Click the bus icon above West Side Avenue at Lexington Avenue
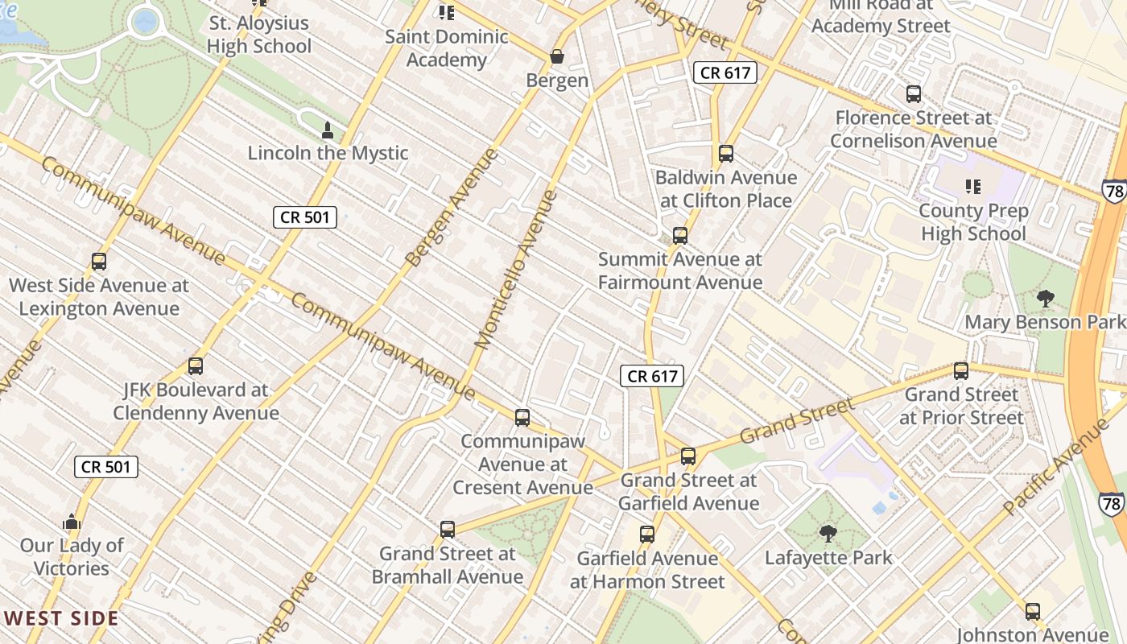(99, 262)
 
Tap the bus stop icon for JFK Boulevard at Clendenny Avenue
(195, 366)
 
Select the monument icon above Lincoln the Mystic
(327, 130)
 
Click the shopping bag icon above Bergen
(556, 57)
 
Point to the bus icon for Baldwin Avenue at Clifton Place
(726, 154)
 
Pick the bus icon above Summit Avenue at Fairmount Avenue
(680, 236)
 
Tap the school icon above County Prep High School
(972, 188)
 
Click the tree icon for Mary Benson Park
(1045, 299)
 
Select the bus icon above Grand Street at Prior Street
(960, 371)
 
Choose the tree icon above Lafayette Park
(828, 534)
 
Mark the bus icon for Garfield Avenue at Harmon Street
(647, 535)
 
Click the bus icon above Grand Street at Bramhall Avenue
(448, 530)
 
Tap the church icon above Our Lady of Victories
(72, 522)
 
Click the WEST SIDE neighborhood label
(61, 619)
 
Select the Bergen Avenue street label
(452, 208)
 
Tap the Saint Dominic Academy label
(446, 47)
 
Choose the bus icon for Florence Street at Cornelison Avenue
(914, 94)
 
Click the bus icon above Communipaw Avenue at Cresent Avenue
(522, 418)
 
